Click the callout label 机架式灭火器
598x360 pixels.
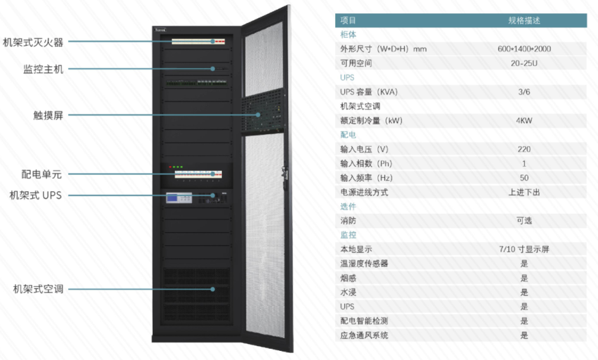click(x=33, y=42)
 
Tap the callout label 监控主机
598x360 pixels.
click(x=43, y=69)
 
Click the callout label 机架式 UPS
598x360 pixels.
click(x=35, y=195)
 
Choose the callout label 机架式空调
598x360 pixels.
click(x=38, y=288)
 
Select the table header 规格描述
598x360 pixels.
click(x=524, y=21)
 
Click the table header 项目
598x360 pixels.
click(x=348, y=21)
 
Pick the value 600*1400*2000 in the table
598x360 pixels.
click(x=524, y=49)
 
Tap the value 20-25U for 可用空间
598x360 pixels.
click(x=524, y=63)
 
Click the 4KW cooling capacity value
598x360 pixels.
click(x=524, y=120)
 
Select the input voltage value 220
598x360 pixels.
click(x=524, y=149)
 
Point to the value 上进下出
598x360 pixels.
click(x=524, y=192)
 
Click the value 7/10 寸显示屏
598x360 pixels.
click(x=524, y=249)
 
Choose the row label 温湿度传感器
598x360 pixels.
click(x=364, y=263)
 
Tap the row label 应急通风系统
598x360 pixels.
click(x=364, y=335)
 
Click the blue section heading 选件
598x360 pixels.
click(x=348, y=206)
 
